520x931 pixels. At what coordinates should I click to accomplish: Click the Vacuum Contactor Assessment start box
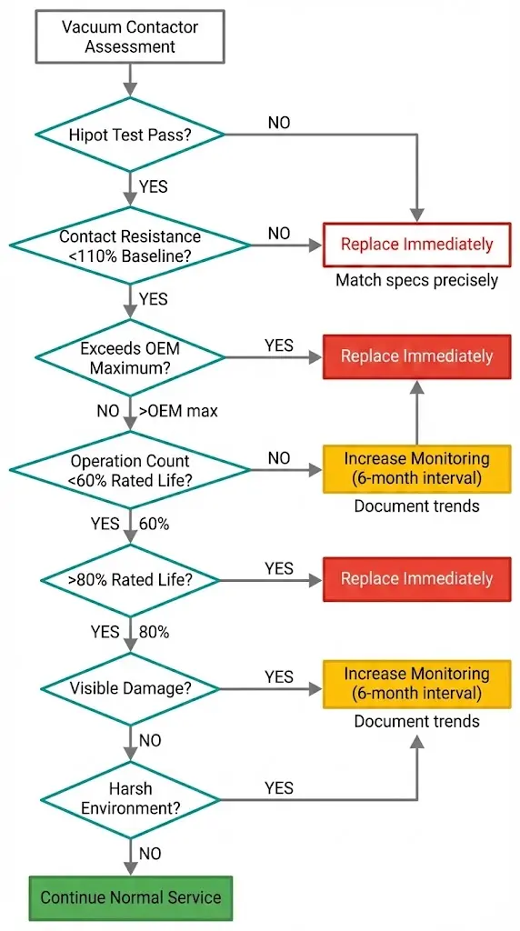(130, 36)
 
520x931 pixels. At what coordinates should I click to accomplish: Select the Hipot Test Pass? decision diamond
(130, 135)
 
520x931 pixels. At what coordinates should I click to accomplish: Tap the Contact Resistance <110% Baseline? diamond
(130, 245)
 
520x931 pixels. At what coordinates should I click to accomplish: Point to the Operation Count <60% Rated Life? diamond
(130, 470)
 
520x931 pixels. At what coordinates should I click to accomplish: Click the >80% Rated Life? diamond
(130, 579)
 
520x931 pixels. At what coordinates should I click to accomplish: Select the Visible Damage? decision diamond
(130, 688)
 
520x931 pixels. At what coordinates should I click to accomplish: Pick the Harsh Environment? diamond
(130, 799)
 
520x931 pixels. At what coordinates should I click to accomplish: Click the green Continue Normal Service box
(130, 897)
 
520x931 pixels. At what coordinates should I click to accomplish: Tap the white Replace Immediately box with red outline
(416, 245)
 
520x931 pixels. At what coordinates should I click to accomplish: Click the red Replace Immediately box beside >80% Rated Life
(416, 579)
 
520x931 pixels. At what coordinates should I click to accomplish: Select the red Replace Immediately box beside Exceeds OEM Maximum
(416, 356)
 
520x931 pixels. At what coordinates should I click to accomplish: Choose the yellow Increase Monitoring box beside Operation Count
(416, 468)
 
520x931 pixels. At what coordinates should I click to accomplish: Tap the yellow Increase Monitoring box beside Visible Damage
(416, 684)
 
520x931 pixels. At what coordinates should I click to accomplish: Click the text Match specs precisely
(416, 280)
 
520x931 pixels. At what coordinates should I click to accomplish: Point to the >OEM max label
(179, 411)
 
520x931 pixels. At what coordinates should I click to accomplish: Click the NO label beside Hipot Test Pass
(279, 122)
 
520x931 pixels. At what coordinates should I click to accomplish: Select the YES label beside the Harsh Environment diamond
(279, 787)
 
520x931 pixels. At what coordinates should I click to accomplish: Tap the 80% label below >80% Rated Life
(154, 631)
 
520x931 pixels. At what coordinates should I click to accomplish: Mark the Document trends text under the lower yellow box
(416, 722)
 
